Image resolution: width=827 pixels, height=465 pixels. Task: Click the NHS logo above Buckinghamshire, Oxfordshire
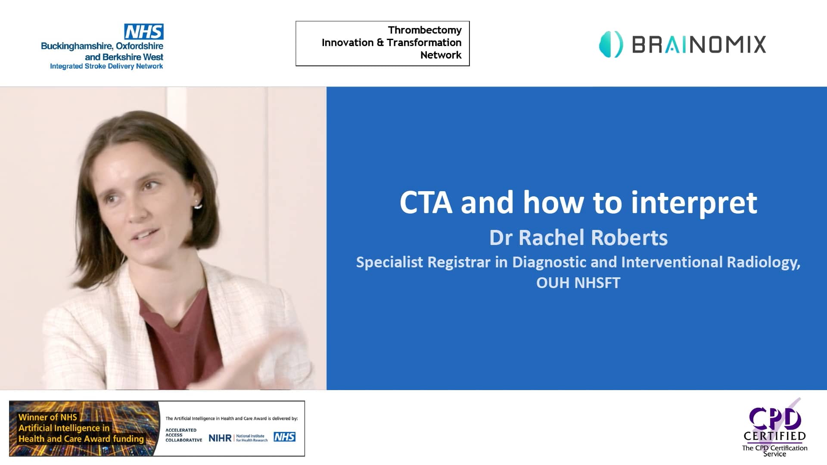(x=144, y=31)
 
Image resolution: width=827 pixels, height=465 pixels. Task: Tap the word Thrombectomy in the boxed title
(x=424, y=30)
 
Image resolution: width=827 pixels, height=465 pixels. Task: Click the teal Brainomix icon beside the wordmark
(x=611, y=44)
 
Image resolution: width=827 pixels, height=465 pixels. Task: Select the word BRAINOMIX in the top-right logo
(x=699, y=44)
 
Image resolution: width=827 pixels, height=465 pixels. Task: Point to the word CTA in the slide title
(x=426, y=202)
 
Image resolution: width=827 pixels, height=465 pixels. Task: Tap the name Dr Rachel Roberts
(x=578, y=238)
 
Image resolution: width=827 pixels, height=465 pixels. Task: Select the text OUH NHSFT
(x=578, y=283)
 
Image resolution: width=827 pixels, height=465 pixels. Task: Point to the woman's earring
(x=198, y=205)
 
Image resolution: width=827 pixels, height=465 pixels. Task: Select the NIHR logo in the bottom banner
(x=220, y=438)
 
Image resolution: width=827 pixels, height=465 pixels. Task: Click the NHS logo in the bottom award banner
(x=284, y=437)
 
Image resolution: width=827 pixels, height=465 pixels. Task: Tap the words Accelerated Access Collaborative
(x=183, y=435)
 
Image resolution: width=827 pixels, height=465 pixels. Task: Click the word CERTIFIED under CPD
(x=774, y=436)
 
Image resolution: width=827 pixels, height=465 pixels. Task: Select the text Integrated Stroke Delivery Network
(x=106, y=66)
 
